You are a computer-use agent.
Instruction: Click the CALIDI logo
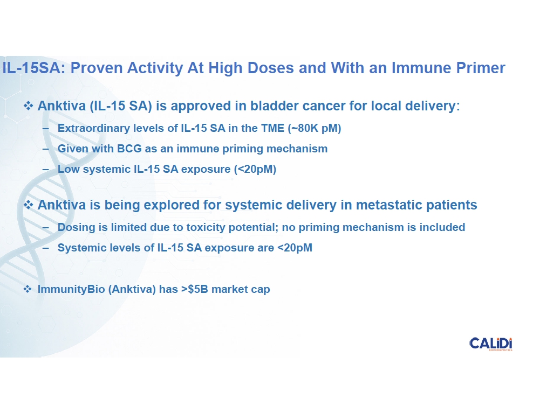coord(490,344)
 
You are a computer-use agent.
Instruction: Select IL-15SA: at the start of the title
coord(34,68)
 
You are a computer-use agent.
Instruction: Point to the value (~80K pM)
coord(315,128)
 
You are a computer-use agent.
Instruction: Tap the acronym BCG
coord(129,149)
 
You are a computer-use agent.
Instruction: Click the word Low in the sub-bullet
coord(69,169)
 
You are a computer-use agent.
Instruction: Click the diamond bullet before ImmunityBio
coord(28,289)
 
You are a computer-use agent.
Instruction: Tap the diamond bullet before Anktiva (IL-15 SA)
coord(28,106)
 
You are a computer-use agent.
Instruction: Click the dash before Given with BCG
coord(46,149)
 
